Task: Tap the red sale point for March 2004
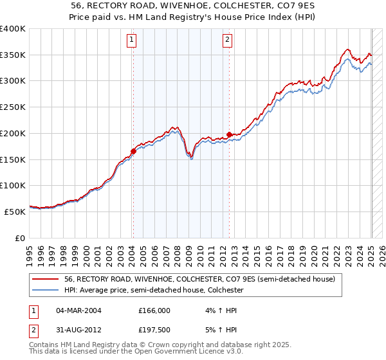(x=133, y=152)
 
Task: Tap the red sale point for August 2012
(x=230, y=135)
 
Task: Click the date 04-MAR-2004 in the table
(x=79, y=310)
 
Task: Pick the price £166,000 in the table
(x=154, y=310)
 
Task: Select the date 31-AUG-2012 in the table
(x=79, y=331)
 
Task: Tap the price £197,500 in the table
(x=154, y=331)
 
